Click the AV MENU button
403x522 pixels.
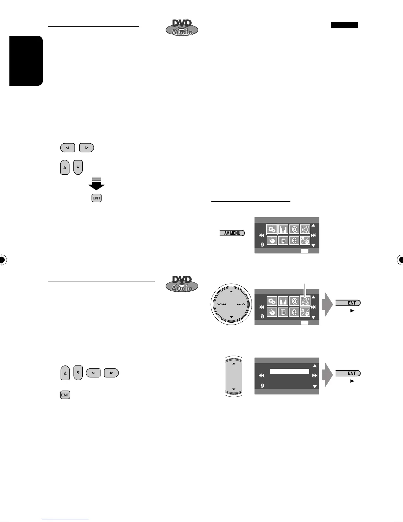(x=232, y=233)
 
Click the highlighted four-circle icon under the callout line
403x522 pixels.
(x=305, y=301)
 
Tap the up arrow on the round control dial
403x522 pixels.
(x=231, y=292)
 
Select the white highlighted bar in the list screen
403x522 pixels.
(x=289, y=371)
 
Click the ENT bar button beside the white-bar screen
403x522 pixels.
(x=348, y=373)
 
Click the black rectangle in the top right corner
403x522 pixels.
(x=344, y=25)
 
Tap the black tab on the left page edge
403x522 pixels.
(x=26, y=61)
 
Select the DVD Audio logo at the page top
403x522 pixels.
(x=182, y=27)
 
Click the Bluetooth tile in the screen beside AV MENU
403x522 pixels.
(x=294, y=241)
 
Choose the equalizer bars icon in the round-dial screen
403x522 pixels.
(x=283, y=301)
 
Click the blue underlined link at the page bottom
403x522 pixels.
(x=66, y=519)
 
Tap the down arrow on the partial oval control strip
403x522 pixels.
(x=234, y=389)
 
